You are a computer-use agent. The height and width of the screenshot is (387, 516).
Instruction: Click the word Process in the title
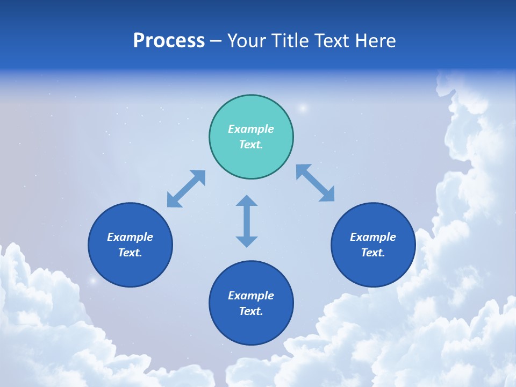pos(169,41)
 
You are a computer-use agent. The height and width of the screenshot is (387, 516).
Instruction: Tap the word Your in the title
pos(247,41)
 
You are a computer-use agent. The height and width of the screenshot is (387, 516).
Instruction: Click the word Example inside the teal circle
pos(251,129)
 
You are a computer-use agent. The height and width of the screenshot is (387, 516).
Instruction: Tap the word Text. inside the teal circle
pos(251,145)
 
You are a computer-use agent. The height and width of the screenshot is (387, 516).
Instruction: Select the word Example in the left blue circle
pos(130,237)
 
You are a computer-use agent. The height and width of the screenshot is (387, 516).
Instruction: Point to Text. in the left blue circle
pos(130,253)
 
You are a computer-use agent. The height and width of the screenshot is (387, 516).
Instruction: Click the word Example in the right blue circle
pos(373,237)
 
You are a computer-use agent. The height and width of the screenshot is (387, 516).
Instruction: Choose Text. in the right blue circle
pos(373,253)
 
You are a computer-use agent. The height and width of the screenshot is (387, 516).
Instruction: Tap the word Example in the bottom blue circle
pos(251,296)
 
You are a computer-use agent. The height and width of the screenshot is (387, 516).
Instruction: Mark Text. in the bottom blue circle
pos(251,311)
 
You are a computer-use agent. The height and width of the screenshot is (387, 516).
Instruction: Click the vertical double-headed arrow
pos(247,221)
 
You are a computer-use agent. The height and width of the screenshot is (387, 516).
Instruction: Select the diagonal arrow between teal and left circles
pos(186,189)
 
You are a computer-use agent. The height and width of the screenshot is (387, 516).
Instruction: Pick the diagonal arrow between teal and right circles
pos(315,183)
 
